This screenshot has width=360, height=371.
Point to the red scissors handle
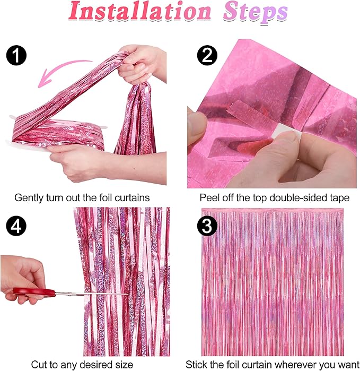pyautogui.click(x=29, y=291)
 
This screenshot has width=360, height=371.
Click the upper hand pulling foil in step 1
pyautogui.click(x=141, y=61)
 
